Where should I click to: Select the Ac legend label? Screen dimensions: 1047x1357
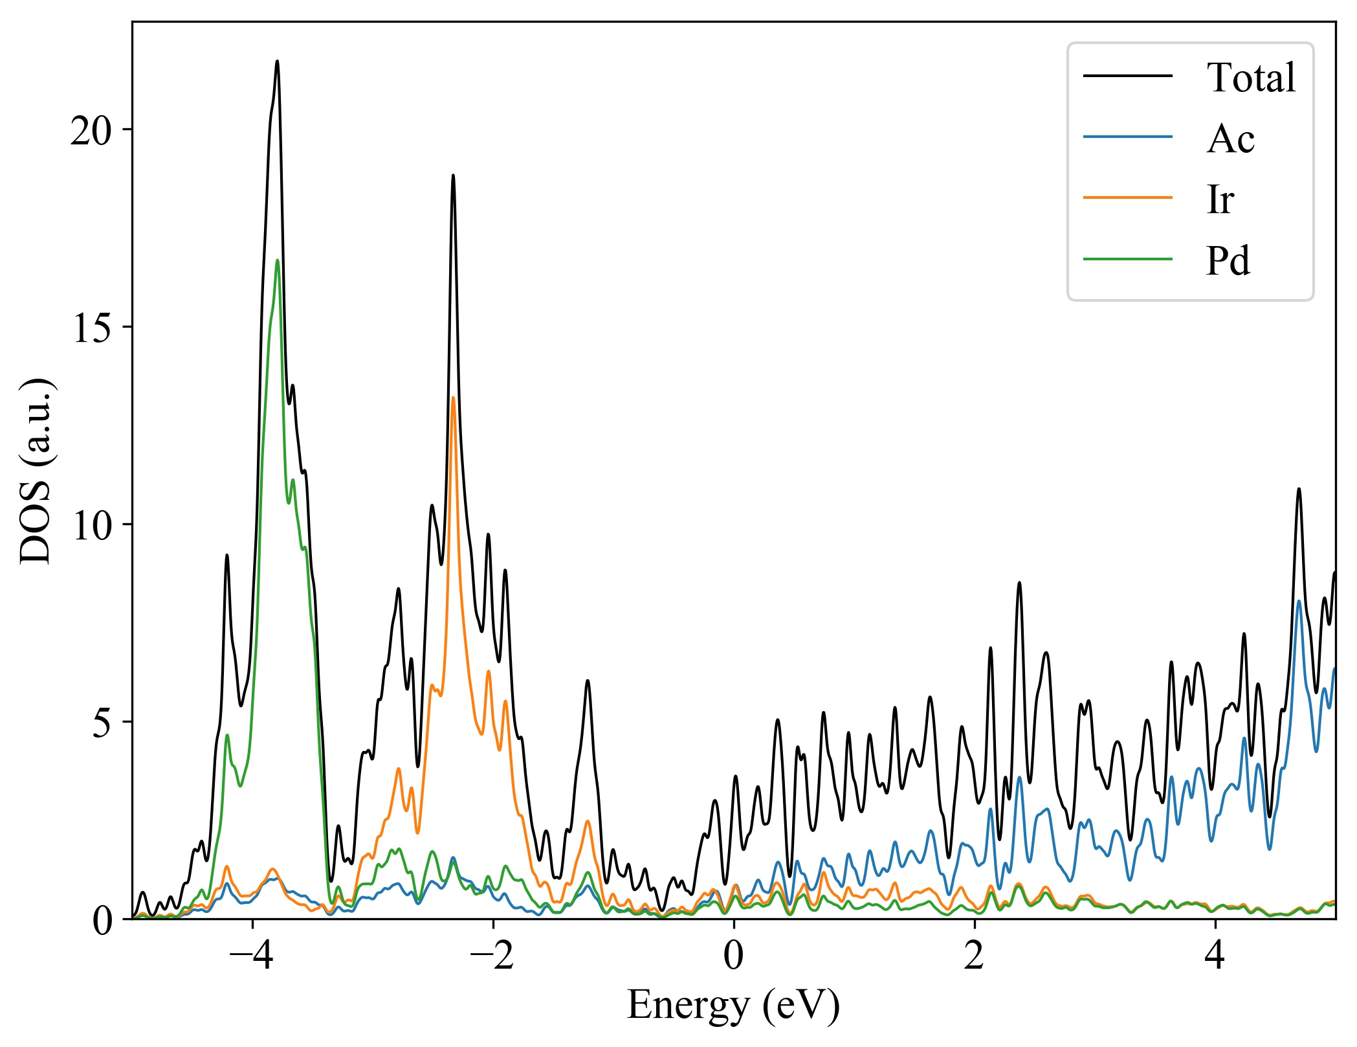coord(1230,139)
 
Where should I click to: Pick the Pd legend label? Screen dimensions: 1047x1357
coord(1228,261)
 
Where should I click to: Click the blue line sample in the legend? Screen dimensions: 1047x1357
coord(1127,137)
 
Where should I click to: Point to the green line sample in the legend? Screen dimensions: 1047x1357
coord(1127,259)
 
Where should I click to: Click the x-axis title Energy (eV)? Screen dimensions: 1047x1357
coord(733,1006)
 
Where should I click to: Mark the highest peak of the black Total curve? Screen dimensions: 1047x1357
coord(277,62)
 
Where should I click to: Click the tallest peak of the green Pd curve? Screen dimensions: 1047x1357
coord(277,260)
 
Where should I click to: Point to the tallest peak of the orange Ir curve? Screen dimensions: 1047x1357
coord(453,398)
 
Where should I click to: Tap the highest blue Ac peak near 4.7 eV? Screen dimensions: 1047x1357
coord(1298,601)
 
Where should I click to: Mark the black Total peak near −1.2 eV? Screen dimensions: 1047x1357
coord(587,681)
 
